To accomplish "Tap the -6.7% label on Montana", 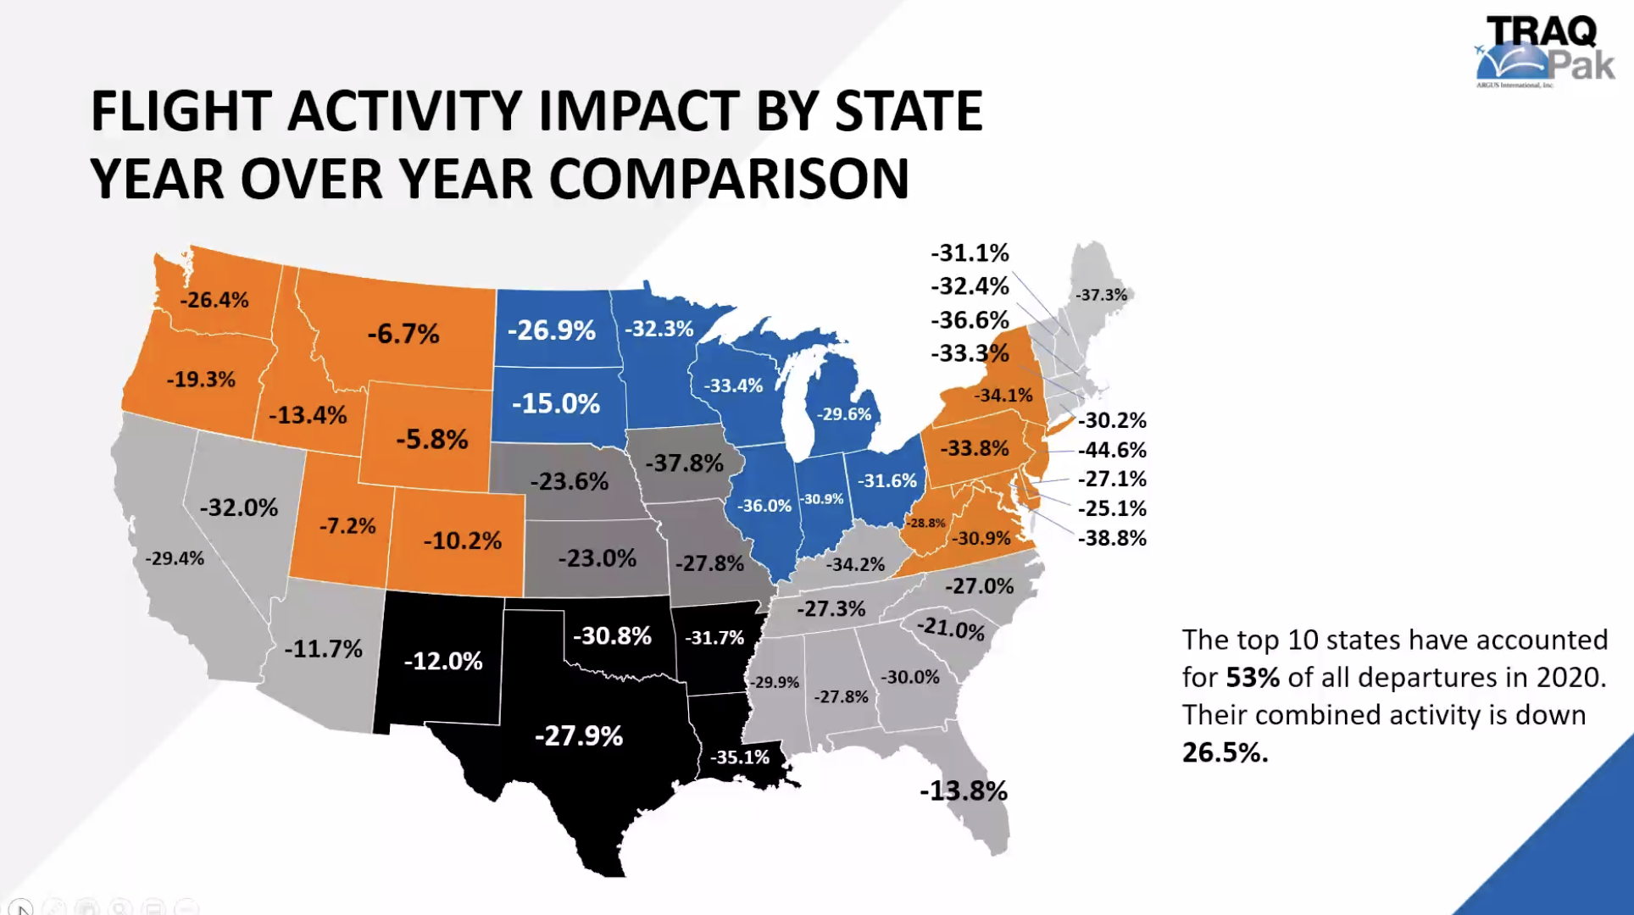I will click(x=403, y=334).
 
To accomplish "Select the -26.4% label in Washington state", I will click(x=214, y=300).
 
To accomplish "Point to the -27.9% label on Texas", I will click(x=579, y=735).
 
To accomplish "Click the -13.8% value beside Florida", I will click(x=964, y=791).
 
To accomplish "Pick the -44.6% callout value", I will click(x=1112, y=450).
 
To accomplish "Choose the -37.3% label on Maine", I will click(x=1101, y=295).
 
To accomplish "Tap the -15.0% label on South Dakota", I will click(x=556, y=403).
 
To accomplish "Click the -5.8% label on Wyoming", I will click(x=432, y=439).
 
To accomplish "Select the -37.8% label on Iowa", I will click(x=685, y=463).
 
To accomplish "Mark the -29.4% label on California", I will click(x=175, y=558).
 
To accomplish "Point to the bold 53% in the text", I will click(x=1253, y=678).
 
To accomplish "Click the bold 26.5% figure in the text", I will click(x=1225, y=752).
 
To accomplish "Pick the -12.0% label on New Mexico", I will click(x=443, y=661).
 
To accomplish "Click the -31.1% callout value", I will click(x=970, y=253).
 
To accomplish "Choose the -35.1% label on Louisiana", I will click(x=740, y=757).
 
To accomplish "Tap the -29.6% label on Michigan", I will click(x=843, y=414).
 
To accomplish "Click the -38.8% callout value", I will click(x=1112, y=538).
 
